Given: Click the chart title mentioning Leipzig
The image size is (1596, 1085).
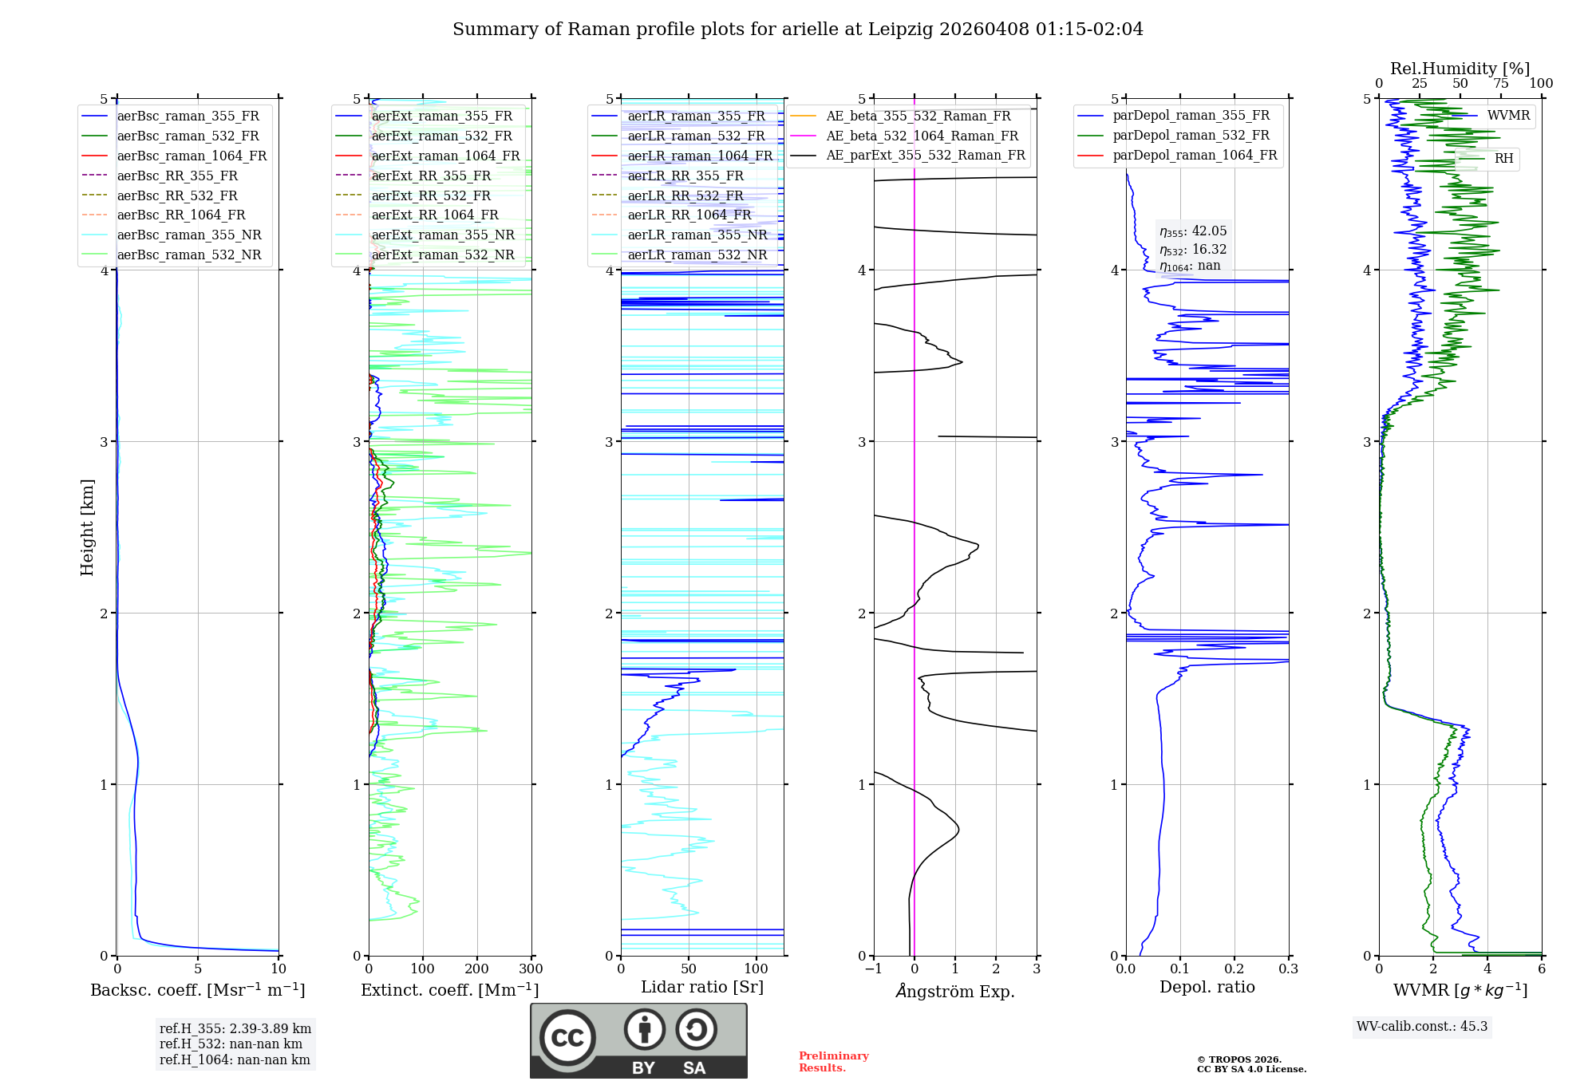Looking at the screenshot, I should click(x=797, y=30).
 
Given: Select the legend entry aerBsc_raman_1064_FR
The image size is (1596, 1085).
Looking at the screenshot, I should click(x=192, y=156).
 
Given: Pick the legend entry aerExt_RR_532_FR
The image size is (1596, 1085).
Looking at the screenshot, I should click(x=431, y=195).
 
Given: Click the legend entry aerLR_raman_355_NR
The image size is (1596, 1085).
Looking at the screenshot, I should click(x=697, y=235).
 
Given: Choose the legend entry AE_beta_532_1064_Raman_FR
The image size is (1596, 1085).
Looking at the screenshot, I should click(x=922, y=136).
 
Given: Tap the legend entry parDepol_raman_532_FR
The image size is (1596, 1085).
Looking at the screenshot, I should click(x=1191, y=136).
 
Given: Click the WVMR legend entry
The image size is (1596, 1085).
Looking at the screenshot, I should click(x=1508, y=116).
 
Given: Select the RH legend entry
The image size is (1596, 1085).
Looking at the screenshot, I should click(x=1503, y=159).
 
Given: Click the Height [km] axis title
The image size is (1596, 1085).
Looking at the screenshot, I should click(x=87, y=527).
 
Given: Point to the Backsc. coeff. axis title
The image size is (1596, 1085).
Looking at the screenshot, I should click(x=197, y=990).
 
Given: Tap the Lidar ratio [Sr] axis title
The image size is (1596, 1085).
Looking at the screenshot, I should click(x=702, y=987).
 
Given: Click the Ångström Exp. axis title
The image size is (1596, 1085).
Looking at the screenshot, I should click(x=955, y=991).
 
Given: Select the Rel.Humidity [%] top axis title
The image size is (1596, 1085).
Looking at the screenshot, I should click(x=1460, y=69).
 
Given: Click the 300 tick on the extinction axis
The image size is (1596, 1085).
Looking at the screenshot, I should click(x=531, y=969).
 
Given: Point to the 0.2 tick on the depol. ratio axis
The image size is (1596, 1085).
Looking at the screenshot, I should click(x=1235, y=969).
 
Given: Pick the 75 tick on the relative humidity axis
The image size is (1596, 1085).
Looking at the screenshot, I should click(x=1501, y=84).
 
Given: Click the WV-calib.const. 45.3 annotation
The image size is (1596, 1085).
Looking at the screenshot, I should click(x=1422, y=1027).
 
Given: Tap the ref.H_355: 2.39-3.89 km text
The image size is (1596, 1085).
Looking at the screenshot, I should click(x=235, y=1028).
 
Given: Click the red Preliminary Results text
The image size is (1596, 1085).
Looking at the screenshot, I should click(x=833, y=1062).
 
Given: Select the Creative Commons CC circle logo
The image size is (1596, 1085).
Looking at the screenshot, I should click(x=567, y=1038).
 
